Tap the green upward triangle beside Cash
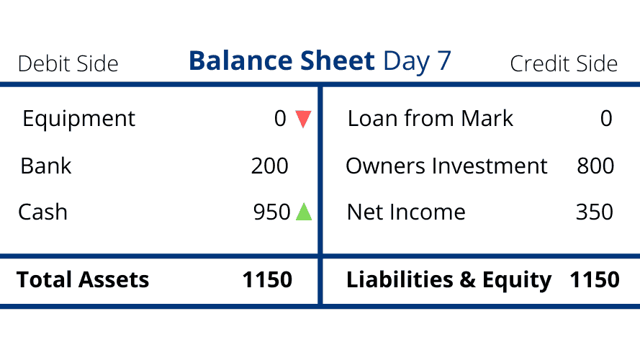[304, 212]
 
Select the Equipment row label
[78, 120]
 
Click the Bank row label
[46, 166]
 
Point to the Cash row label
[43, 212]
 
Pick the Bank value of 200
[269, 166]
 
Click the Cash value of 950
[271, 212]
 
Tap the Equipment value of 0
[280, 118]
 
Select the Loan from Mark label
[431, 118]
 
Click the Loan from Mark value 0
[606, 118]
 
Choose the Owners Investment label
[446, 166]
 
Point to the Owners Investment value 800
[595, 166]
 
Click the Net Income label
[406, 212]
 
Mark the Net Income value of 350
[595, 212]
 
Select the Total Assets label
[83, 279]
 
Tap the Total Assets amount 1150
[267, 279]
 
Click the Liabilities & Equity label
[449, 280]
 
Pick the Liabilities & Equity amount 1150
[595, 279]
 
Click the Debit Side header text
[68, 63]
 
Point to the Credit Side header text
[564, 63]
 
